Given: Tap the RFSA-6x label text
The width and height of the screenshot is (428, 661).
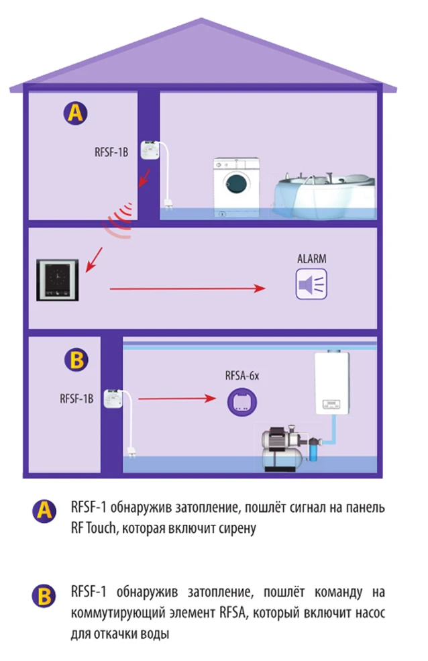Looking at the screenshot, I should pos(242,376).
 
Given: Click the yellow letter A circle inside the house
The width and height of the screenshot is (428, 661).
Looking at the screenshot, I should pos(75,113).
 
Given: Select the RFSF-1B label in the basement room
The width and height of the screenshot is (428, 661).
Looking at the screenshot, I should pos(76,397).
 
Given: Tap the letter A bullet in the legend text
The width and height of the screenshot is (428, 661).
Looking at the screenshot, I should pos(44,511).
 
